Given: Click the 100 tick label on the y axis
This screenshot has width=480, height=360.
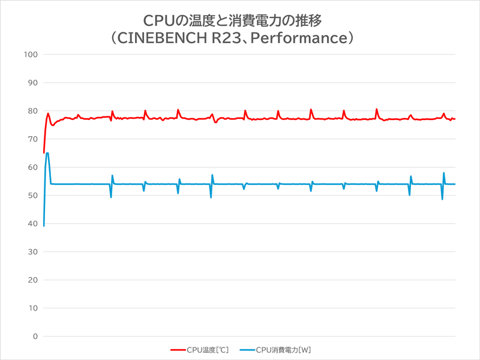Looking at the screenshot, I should tap(30, 55).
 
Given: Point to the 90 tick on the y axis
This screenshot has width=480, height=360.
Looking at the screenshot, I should tap(32, 83).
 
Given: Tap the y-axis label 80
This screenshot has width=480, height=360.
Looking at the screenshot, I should tap(32, 111).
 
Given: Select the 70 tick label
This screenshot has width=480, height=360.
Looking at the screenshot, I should tap(32, 139).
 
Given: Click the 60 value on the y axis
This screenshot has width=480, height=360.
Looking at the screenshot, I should tap(32, 167).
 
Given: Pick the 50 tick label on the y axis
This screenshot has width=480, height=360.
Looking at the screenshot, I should tap(32, 196).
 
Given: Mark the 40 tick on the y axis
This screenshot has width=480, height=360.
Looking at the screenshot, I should tap(32, 224).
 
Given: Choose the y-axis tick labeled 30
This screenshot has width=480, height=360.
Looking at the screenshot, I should tap(32, 252).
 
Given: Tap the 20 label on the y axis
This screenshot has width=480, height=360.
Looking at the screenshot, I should tap(32, 280).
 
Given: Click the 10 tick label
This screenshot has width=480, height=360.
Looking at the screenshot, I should tap(32, 308).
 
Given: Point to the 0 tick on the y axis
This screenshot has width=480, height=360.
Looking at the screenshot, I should tap(34, 337).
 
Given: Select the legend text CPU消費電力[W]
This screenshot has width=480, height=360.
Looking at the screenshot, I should tap(283, 349).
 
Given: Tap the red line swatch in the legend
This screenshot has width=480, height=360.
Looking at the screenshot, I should tap(178, 349).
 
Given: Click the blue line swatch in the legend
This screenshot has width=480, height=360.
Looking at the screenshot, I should tap(247, 349).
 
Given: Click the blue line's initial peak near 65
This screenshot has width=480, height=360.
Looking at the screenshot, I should tap(47, 153).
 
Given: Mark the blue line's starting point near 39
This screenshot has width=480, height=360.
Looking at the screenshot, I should tap(44, 226).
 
